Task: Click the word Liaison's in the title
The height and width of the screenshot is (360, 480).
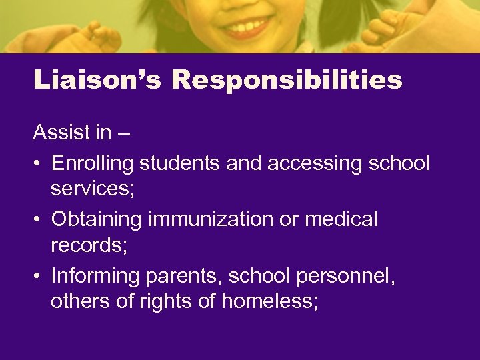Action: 98,80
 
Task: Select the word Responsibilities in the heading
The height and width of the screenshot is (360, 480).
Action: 287,80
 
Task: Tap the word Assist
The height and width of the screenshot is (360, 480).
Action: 62,133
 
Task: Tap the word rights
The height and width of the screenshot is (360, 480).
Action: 167,302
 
